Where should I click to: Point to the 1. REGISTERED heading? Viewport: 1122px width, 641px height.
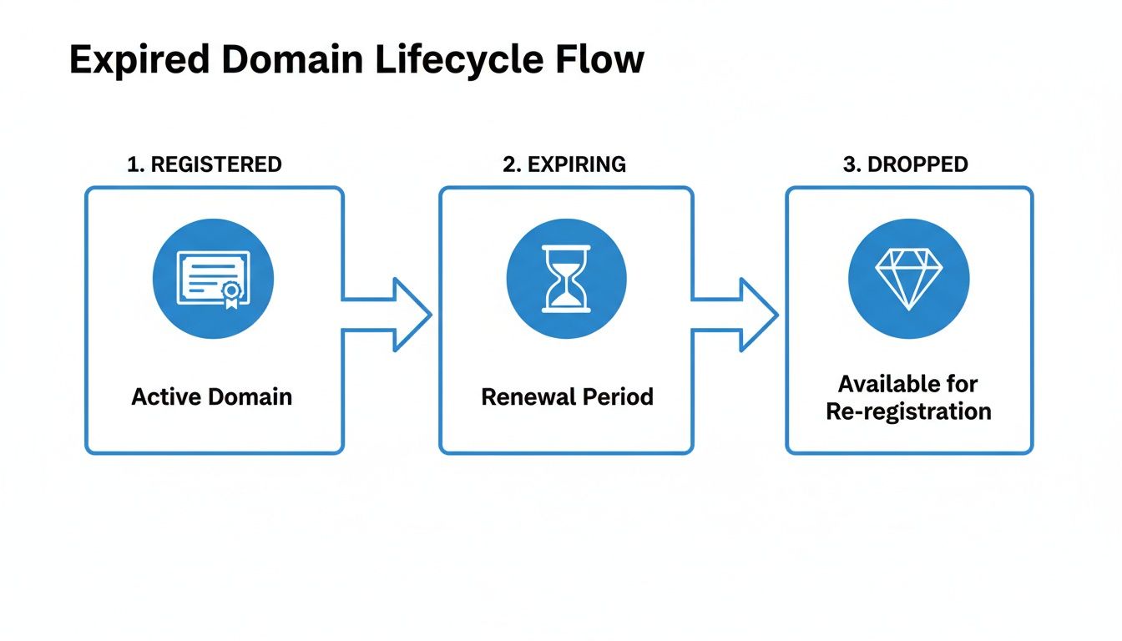(x=205, y=164)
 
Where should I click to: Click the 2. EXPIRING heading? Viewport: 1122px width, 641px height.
(x=564, y=164)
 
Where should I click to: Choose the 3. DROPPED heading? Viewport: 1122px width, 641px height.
(x=906, y=164)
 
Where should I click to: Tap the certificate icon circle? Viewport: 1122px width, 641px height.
(x=213, y=279)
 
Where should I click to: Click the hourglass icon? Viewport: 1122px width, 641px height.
(x=566, y=279)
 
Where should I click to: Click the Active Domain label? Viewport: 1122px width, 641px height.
(x=212, y=396)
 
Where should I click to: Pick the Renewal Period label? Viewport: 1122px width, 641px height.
(x=567, y=396)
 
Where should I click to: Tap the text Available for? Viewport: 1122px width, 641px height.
(x=908, y=384)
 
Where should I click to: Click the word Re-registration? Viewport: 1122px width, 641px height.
(x=908, y=411)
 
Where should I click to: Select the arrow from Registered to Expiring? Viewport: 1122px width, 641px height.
(x=388, y=315)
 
